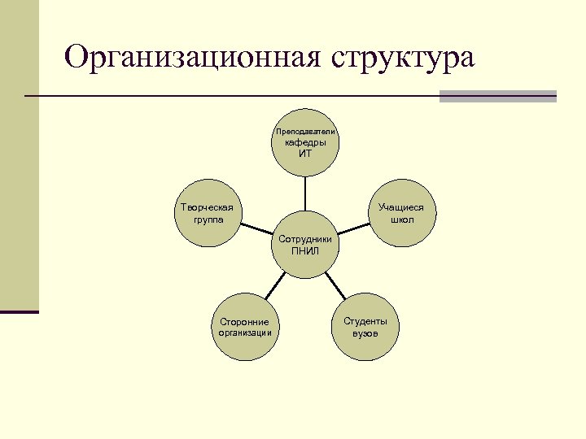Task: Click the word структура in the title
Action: click(x=402, y=59)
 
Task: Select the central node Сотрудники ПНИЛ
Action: click(x=305, y=245)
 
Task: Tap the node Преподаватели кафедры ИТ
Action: click(x=305, y=142)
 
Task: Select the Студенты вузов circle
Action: click(x=365, y=327)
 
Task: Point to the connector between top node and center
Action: click(x=305, y=193)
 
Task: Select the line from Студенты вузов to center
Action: click(x=335, y=286)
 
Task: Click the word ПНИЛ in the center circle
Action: click(x=305, y=251)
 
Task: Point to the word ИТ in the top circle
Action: click(x=305, y=154)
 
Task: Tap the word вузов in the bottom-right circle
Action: click(x=365, y=333)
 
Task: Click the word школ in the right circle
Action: click(x=402, y=219)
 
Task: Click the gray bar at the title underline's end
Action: click(x=497, y=96)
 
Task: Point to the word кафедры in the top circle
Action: click(x=305, y=143)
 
